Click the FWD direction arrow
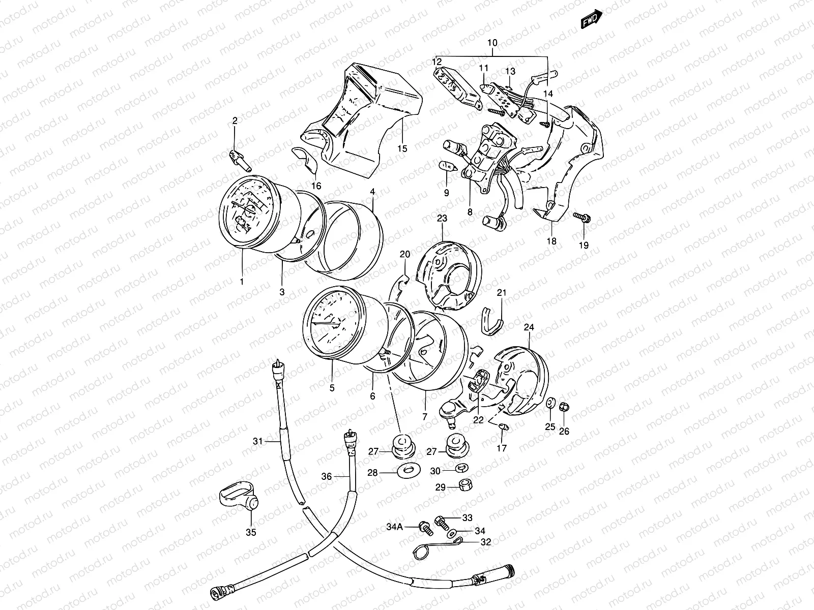[592, 19]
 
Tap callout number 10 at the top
[492, 43]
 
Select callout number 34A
[395, 527]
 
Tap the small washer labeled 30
[460, 469]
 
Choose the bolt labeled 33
[441, 521]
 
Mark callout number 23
[441, 219]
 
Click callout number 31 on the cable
[258, 441]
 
